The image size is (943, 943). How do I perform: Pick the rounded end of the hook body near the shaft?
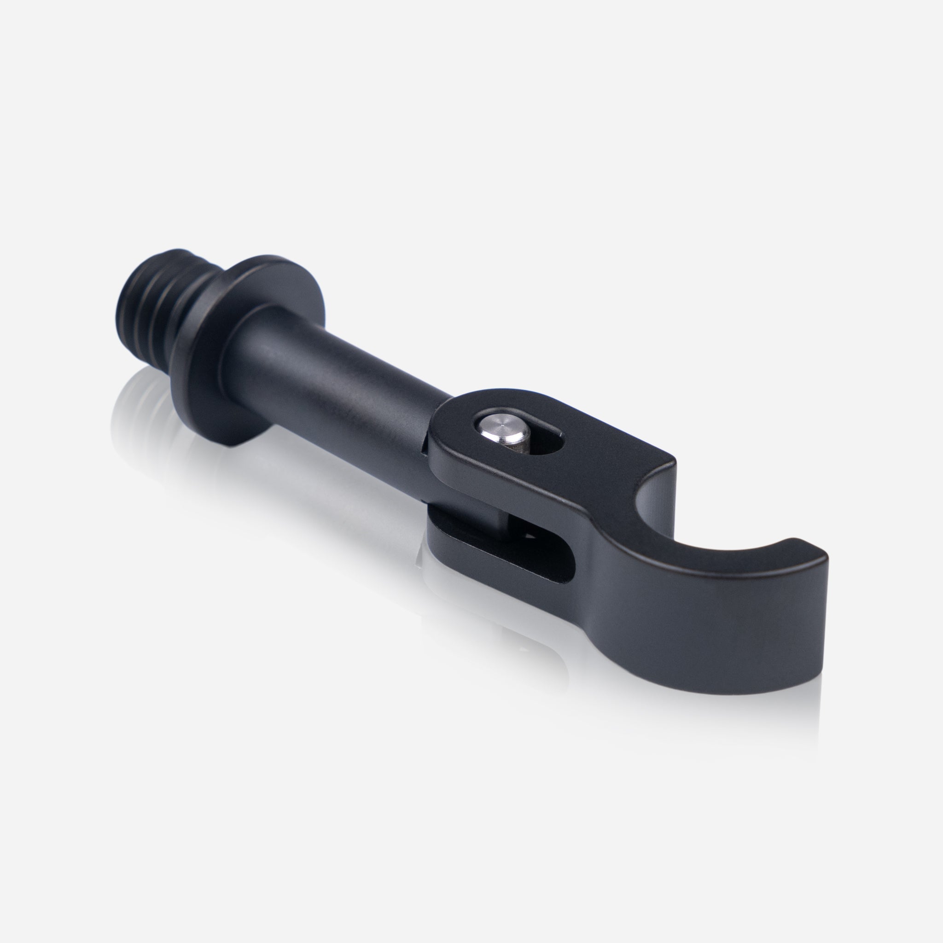click(449, 430)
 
